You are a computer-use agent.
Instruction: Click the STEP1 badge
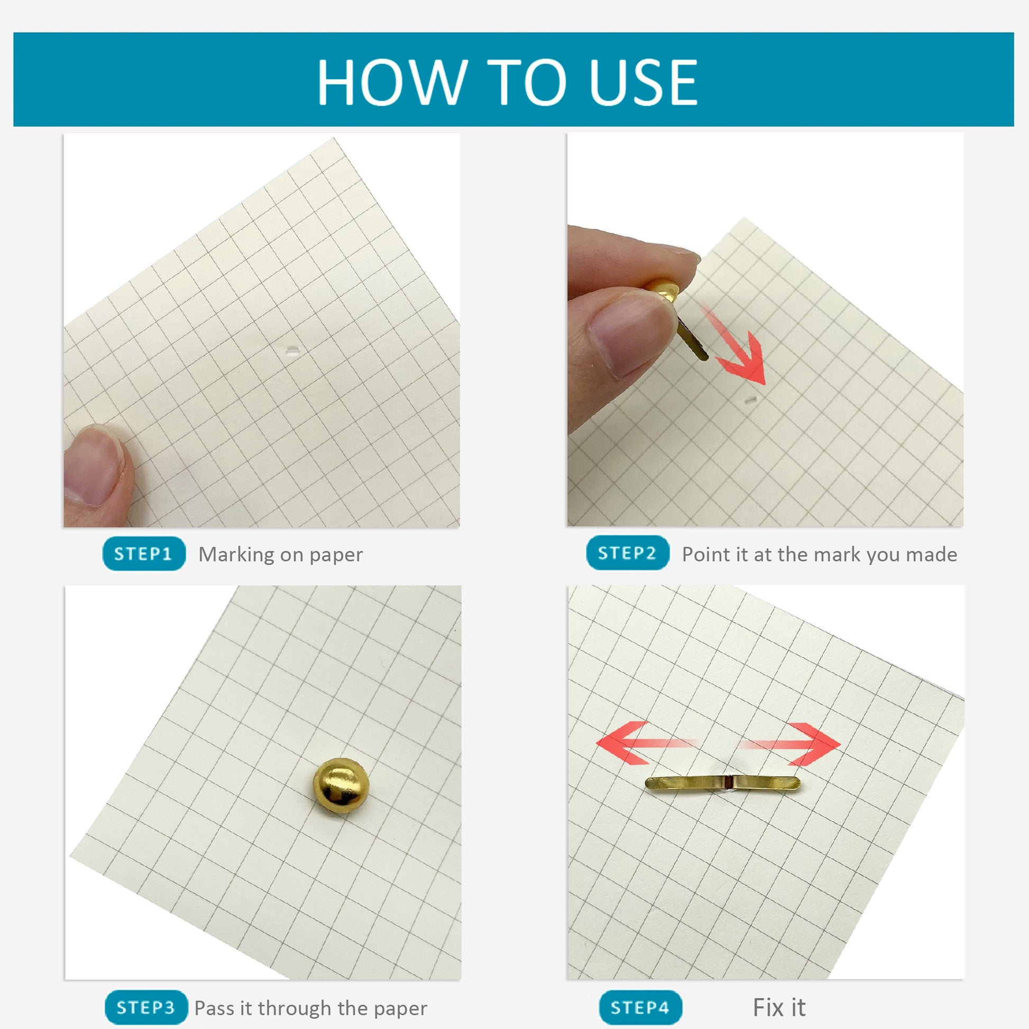[x=144, y=554]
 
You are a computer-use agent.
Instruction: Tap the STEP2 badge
[x=628, y=553]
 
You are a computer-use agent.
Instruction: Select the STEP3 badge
[x=146, y=1008]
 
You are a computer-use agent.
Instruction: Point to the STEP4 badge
[x=640, y=1008]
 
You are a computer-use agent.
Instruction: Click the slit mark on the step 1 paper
[x=291, y=351]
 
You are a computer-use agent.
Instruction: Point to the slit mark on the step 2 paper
[x=751, y=399]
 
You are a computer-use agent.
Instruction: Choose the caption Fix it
[x=779, y=1007]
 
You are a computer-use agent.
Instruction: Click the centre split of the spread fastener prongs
[x=729, y=782]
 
